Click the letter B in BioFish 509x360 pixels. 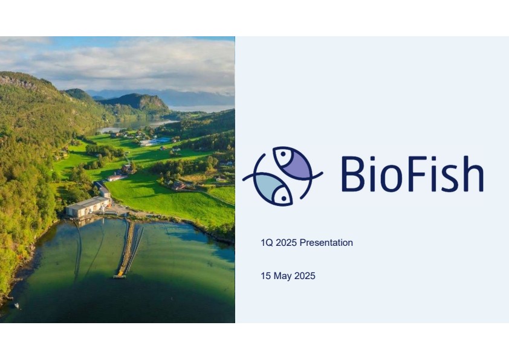352,173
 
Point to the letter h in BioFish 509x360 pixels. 473,173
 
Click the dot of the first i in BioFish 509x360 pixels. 372,159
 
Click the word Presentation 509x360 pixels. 326,243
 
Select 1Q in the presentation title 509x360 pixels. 267,243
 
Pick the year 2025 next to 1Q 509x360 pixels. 287,243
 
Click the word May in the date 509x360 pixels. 282,276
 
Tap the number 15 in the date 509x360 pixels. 265,276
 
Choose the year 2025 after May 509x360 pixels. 305,276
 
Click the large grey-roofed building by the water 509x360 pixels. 88,206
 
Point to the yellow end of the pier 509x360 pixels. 120,276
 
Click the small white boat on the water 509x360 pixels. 16,306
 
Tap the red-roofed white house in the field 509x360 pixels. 117,177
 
